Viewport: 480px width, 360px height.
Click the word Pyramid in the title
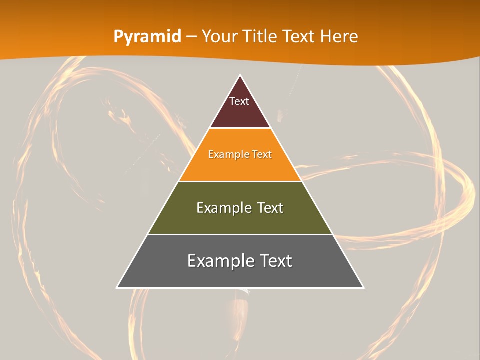coord(147,37)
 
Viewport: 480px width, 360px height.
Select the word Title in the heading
coord(261,37)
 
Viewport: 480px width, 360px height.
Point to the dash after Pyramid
coord(191,37)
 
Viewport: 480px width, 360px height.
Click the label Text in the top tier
coord(239,101)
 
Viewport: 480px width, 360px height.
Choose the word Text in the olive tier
coord(270,208)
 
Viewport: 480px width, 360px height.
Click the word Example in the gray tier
coord(218,261)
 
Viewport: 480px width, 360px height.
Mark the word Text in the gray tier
coord(276,261)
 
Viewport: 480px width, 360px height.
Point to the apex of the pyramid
coord(240,75)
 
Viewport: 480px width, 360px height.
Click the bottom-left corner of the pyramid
coord(117,287)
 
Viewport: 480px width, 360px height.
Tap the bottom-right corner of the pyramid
coord(363,287)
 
